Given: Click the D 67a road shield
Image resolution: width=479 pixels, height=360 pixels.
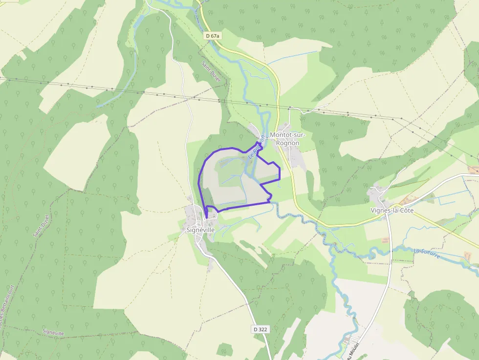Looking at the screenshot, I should pos(213,36).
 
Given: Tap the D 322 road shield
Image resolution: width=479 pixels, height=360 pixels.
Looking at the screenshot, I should pos(261,329).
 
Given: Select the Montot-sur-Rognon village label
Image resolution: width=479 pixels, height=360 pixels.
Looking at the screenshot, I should pos(287,139).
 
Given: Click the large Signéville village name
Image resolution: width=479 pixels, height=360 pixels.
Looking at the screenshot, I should pos(200,230).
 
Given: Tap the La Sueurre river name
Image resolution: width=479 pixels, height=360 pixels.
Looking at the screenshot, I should pos(427,254).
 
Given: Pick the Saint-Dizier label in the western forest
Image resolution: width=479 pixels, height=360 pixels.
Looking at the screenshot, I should pos(41,226).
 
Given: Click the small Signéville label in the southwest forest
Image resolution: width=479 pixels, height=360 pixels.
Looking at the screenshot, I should pos(53,332).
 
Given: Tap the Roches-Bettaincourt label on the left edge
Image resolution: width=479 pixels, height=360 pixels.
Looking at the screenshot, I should pos(6,313).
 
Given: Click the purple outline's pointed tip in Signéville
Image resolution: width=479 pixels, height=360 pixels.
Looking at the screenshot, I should pos(206,217).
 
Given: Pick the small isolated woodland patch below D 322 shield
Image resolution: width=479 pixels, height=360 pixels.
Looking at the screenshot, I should pos(224,349).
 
